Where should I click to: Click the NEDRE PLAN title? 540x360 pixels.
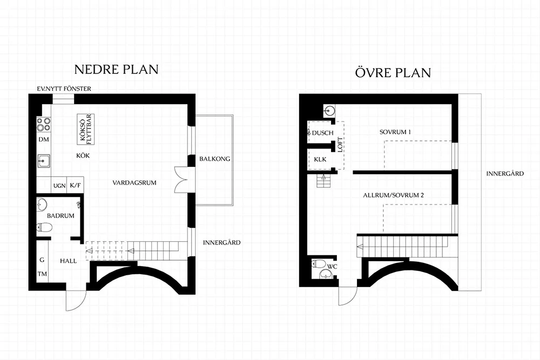point(117,70)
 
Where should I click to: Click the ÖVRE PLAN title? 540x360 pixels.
point(393,73)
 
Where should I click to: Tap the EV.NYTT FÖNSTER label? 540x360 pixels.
point(64,89)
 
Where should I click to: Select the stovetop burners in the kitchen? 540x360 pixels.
point(43,124)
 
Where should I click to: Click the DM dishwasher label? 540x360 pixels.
point(44,139)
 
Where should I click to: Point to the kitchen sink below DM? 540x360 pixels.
point(43,161)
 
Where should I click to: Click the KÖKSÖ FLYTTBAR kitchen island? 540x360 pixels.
point(85,128)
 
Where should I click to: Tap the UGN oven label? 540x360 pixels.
point(59,186)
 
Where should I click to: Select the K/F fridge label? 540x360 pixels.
point(76,186)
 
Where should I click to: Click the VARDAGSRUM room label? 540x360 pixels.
point(134,183)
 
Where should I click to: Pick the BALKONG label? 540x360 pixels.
point(214,159)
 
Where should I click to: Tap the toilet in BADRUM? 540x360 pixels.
point(44,227)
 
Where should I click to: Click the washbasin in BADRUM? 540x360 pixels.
point(42,203)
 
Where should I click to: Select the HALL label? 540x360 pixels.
point(69,261)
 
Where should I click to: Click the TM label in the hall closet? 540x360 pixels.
point(42,274)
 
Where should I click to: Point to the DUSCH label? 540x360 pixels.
point(323,133)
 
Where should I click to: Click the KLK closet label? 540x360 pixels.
point(320,159)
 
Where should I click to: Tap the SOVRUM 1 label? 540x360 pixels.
point(395,132)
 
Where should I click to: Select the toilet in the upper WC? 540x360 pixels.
point(319,264)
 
